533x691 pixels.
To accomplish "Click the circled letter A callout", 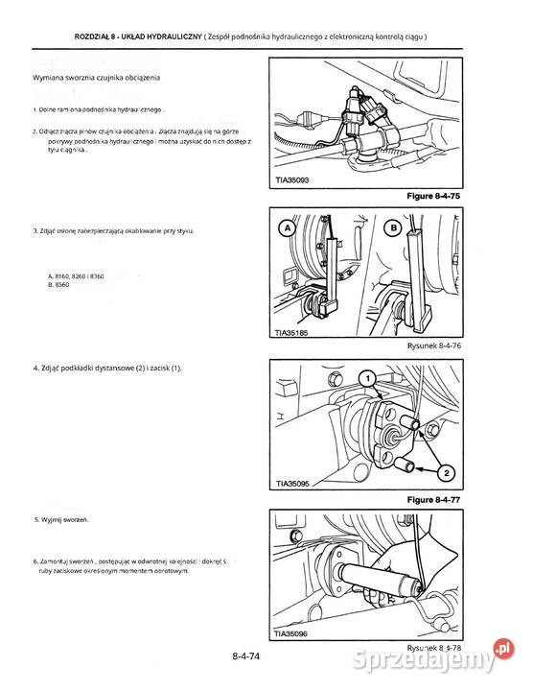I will [285, 228].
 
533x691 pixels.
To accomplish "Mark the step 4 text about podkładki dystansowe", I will [106, 369].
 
